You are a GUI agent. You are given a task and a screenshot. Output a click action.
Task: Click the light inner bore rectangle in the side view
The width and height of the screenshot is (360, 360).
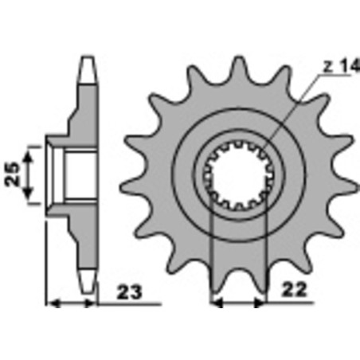pos(78,174)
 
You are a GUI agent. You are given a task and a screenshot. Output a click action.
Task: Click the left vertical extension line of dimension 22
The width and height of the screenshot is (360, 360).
pos(210,255)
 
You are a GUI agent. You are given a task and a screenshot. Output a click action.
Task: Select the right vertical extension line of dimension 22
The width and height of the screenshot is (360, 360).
pos(264,255)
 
